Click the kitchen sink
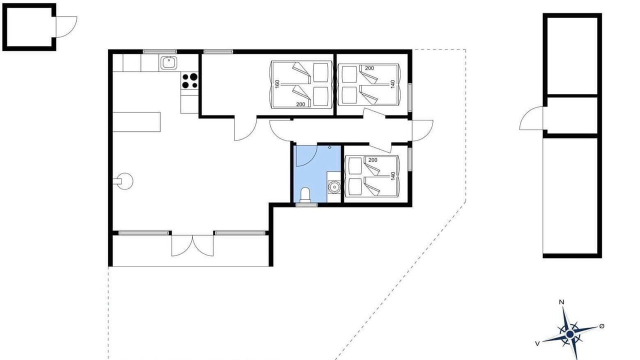tap(168, 63)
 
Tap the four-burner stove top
tap(189, 81)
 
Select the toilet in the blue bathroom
tap(305, 195)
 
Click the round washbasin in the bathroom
tap(333, 187)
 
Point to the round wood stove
tap(125, 181)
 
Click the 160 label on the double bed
tap(277, 84)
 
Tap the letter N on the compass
tap(561, 302)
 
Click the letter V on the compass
tap(537, 343)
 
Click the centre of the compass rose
tap(569, 334)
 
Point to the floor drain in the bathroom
tap(329, 147)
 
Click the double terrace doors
tap(192, 245)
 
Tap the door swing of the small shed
tap(66, 27)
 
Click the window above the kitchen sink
tap(159, 51)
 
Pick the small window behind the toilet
tap(306, 205)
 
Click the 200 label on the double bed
tap(300, 104)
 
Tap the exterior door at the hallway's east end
tap(422, 130)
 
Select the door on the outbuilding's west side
tap(531, 118)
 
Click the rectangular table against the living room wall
tap(136, 122)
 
